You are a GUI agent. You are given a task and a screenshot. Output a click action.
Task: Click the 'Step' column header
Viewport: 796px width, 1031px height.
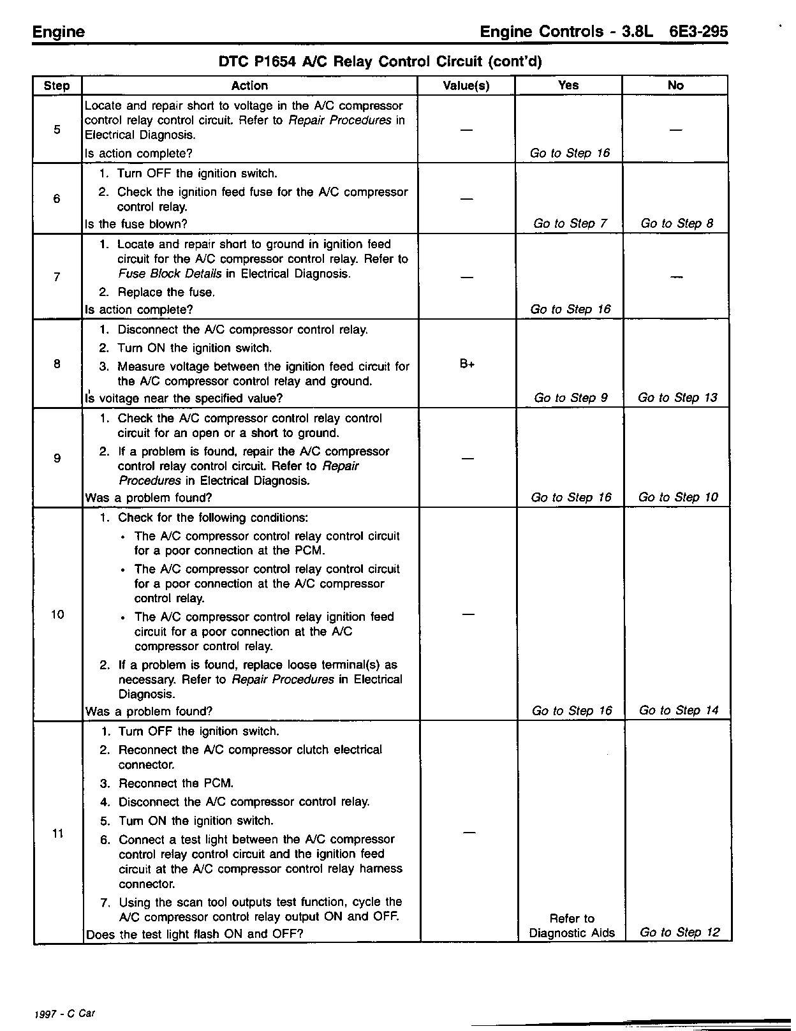(x=57, y=86)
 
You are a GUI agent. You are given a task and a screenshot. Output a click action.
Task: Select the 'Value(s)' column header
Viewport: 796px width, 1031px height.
(x=466, y=86)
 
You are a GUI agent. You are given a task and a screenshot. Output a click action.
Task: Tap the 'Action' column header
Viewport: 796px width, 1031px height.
(x=249, y=85)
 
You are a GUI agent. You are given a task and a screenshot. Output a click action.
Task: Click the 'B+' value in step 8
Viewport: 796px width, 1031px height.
(x=467, y=364)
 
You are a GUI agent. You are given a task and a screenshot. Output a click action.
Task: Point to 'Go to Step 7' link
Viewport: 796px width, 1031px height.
(x=570, y=223)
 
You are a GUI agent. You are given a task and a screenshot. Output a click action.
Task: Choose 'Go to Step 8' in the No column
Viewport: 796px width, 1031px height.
(x=677, y=223)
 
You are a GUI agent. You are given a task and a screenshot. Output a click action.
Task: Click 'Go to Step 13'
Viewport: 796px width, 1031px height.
(x=677, y=397)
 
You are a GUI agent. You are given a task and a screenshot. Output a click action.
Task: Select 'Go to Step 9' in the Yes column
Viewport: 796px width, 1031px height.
(x=571, y=397)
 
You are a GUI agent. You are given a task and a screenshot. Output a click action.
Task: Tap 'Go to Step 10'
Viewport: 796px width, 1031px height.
(x=678, y=497)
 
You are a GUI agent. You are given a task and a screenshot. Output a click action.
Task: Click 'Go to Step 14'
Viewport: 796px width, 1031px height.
(x=679, y=710)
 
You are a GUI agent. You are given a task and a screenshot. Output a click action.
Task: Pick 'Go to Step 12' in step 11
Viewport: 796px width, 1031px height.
(x=679, y=932)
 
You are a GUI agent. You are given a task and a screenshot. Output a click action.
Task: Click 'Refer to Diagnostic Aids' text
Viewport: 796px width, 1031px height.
(x=572, y=926)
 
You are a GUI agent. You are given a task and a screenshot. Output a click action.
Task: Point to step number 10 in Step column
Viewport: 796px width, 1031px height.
(x=57, y=614)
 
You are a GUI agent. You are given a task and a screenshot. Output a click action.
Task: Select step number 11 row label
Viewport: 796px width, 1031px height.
(x=57, y=834)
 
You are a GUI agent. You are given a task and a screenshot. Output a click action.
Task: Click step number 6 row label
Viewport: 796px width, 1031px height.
(x=57, y=199)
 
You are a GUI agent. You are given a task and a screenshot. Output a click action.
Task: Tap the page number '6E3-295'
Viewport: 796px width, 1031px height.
(x=698, y=32)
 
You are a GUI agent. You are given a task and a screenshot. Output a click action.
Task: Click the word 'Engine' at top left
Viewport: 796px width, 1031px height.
(x=59, y=32)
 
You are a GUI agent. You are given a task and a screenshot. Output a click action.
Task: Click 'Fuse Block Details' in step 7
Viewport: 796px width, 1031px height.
(x=170, y=274)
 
